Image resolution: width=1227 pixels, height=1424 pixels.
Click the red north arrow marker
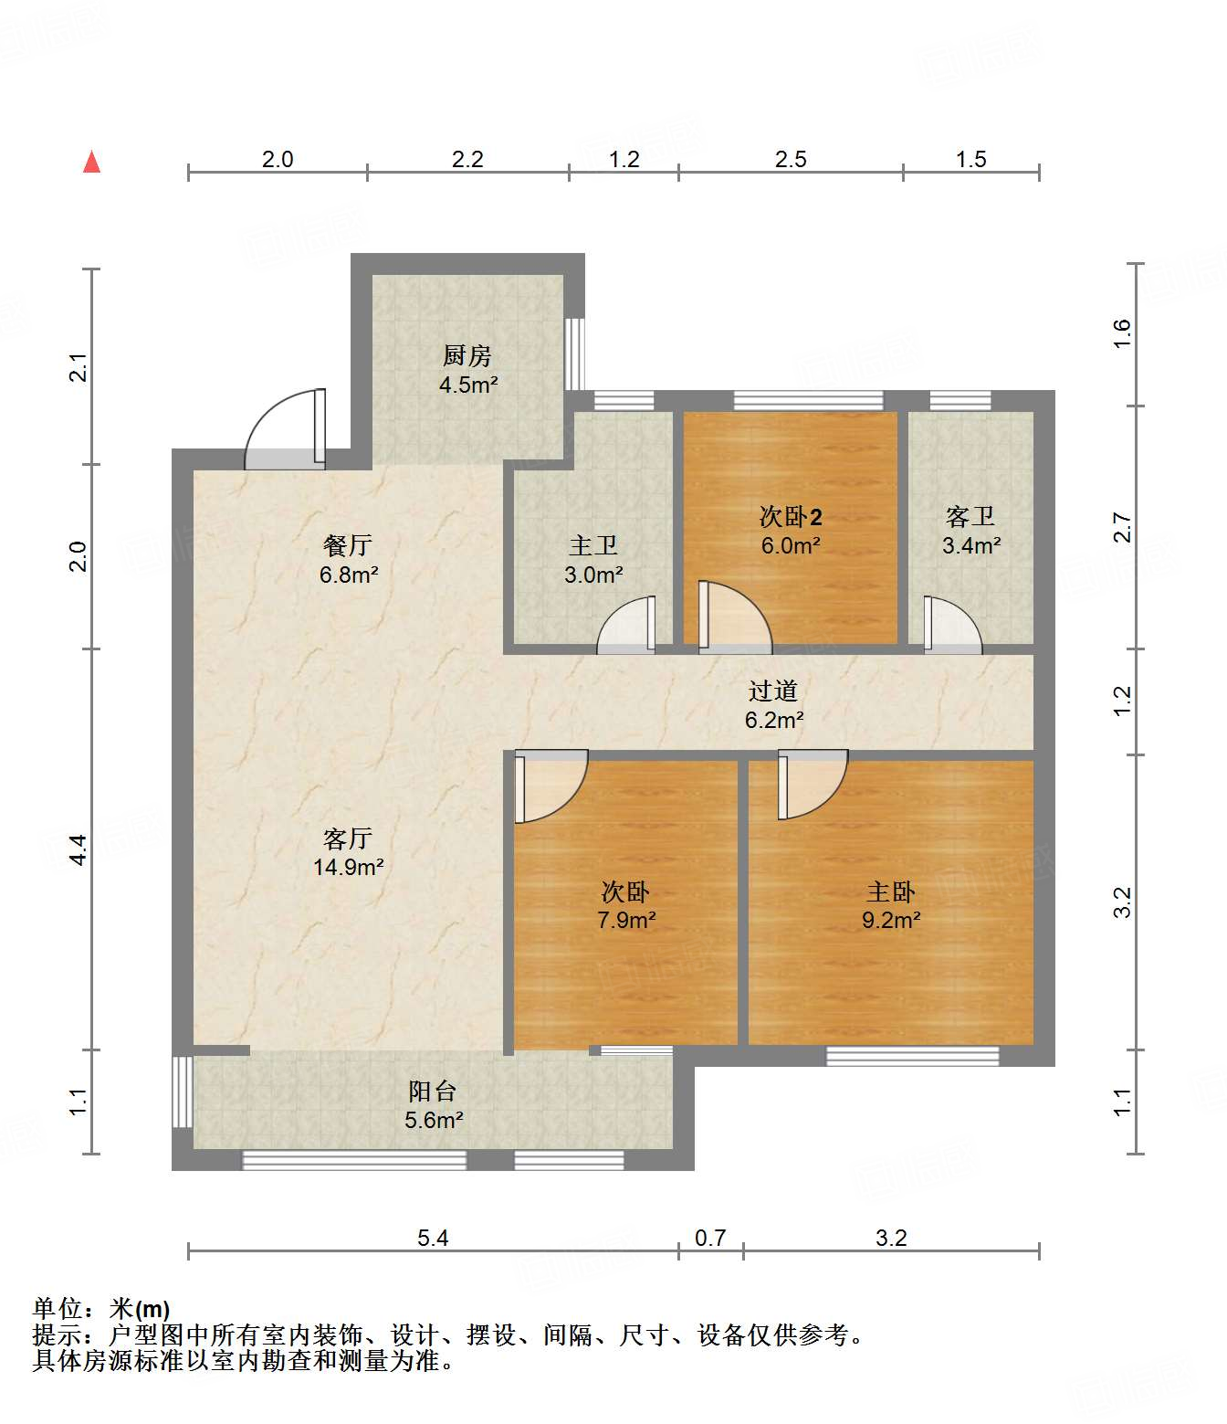pyautogui.click(x=91, y=162)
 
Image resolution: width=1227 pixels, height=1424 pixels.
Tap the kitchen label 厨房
pyautogui.click(x=467, y=356)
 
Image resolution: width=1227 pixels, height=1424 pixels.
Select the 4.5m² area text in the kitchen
pyautogui.click(x=468, y=385)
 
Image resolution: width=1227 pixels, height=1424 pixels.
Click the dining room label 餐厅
pyautogui.click(x=348, y=545)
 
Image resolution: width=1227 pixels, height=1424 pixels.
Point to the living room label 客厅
pyautogui.click(x=348, y=839)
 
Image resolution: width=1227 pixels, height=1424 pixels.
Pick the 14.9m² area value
pyautogui.click(x=349, y=867)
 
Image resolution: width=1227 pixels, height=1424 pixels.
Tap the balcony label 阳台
pyautogui.click(x=433, y=1092)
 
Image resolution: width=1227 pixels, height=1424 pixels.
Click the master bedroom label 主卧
pyautogui.click(x=891, y=892)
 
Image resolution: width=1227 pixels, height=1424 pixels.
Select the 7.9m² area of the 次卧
pyautogui.click(x=626, y=920)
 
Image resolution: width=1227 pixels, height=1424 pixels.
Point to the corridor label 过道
pyautogui.click(x=773, y=691)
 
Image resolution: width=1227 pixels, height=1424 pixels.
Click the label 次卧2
pyautogui.click(x=791, y=517)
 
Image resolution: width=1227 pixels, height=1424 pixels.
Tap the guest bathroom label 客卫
pyautogui.click(x=970, y=517)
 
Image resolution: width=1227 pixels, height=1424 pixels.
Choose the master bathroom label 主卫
pyautogui.click(x=593, y=545)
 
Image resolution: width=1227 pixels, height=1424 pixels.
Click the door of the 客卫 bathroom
pyautogui.click(x=952, y=624)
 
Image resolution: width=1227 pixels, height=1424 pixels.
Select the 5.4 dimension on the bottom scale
pyautogui.click(x=433, y=1238)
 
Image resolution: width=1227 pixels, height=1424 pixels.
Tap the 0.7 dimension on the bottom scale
pyautogui.click(x=710, y=1238)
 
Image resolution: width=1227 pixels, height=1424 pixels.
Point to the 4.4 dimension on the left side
pyautogui.click(x=79, y=849)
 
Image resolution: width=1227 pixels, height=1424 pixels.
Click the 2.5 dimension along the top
pyautogui.click(x=791, y=159)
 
